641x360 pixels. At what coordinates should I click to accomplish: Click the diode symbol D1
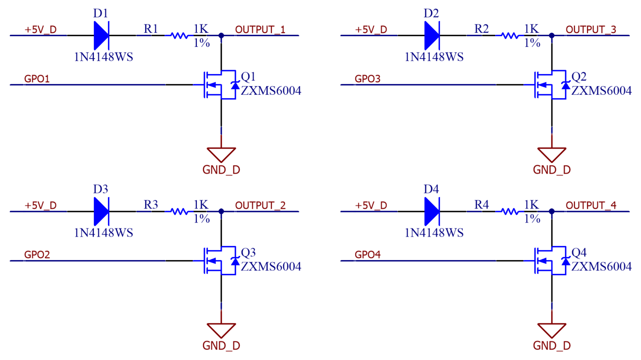(101, 35)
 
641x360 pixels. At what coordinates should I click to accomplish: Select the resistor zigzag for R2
(510, 36)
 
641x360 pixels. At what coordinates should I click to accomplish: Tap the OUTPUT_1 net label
(260, 30)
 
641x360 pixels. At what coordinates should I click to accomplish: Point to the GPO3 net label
(368, 79)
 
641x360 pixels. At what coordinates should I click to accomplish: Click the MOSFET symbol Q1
(220, 85)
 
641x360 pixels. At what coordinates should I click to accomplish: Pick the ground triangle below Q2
(551, 154)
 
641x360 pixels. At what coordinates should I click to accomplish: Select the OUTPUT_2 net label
(260, 205)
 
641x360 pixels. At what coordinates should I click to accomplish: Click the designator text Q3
(248, 252)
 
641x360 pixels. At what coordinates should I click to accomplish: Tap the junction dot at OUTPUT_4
(552, 211)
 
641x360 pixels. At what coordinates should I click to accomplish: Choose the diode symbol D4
(432, 211)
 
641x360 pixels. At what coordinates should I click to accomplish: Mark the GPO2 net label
(37, 254)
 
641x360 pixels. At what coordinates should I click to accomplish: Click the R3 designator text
(151, 205)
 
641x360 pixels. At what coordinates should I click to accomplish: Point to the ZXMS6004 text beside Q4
(601, 267)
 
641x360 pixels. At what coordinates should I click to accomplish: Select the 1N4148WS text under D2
(434, 57)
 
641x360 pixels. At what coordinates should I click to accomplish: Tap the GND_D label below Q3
(221, 346)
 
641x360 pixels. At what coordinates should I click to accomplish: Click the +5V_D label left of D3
(40, 205)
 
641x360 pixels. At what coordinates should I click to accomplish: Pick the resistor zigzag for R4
(510, 211)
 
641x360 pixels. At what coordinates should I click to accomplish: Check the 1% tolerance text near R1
(201, 43)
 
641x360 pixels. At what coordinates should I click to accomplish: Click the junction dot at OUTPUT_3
(552, 36)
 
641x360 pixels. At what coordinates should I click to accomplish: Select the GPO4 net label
(368, 254)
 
